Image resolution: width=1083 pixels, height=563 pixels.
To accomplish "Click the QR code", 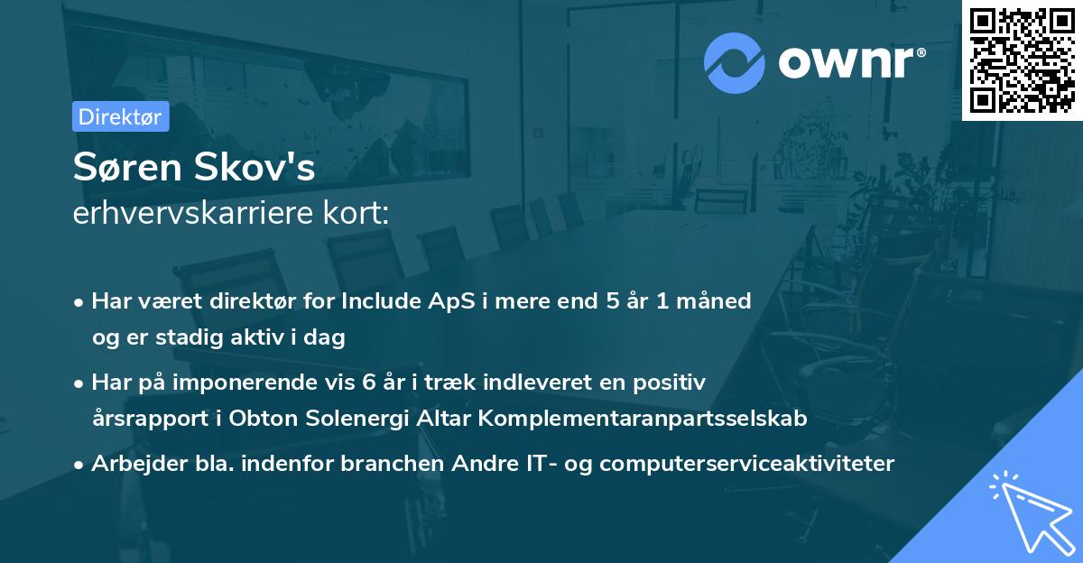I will pyautogui.click(x=1023, y=60).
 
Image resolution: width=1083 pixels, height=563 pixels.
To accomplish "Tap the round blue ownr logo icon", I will pyautogui.click(x=734, y=62).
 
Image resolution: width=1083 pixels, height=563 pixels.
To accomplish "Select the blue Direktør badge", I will pyautogui.click(x=121, y=116).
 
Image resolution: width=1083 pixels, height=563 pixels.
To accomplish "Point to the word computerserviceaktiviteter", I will pyautogui.click(x=746, y=464).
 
